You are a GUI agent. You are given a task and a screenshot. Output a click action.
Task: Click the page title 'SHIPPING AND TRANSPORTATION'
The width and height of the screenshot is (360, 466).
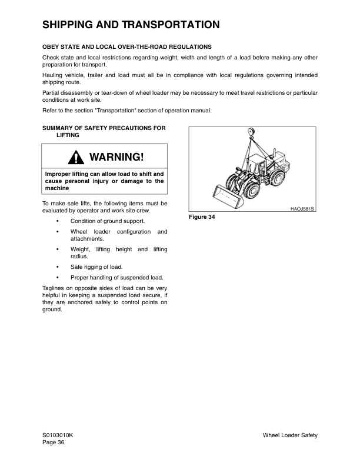pyautogui.click(x=131, y=25)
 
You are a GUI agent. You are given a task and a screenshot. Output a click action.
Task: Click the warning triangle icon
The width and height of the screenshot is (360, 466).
pyautogui.click(x=76, y=158)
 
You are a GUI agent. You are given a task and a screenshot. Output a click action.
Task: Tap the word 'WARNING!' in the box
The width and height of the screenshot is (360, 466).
pyautogui.click(x=116, y=158)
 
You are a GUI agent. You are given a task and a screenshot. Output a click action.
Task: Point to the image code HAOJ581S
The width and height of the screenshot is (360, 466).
pyautogui.click(x=303, y=208)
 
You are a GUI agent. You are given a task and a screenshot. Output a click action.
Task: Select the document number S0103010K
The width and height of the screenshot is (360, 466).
pyautogui.click(x=58, y=435)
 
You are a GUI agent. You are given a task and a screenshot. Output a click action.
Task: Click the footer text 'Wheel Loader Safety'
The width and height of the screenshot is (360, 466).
pyautogui.click(x=290, y=435)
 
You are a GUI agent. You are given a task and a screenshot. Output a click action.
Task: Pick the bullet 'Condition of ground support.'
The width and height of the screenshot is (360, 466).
pyautogui.click(x=108, y=221)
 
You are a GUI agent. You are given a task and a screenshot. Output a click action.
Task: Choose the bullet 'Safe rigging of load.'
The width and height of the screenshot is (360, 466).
pyautogui.click(x=96, y=267)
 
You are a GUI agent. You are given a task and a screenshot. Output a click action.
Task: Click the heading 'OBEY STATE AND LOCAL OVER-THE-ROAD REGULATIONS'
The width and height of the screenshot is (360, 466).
pyautogui.click(x=127, y=46)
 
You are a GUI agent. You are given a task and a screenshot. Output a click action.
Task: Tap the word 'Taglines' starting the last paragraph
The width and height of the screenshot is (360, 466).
pyautogui.click(x=54, y=288)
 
